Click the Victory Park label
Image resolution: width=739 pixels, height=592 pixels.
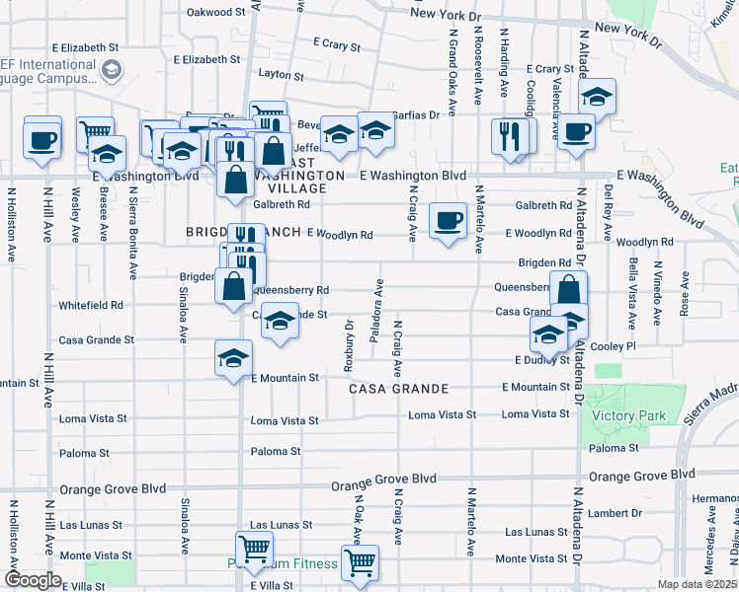click(628, 415)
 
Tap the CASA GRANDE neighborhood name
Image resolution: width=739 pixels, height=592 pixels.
click(398, 389)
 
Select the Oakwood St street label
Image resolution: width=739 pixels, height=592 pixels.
click(216, 12)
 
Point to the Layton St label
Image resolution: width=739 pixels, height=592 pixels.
click(280, 74)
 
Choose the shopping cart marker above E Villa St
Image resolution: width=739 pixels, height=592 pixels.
click(254, 549)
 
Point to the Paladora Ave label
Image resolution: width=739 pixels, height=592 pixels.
click(376, 310)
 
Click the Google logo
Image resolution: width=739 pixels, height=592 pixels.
click(33, 580)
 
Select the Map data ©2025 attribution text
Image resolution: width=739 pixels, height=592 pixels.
click(697, 584)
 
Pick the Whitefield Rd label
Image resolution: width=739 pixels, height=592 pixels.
click(91, 306)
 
